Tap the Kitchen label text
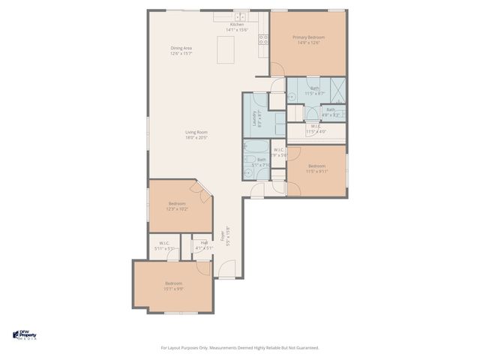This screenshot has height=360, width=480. tap(236, 27)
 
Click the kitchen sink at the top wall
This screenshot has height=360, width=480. tap(240, 16)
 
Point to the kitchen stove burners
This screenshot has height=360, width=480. tap(264, 40)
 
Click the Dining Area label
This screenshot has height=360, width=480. tap(181, 50)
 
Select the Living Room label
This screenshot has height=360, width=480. tap(196, 135)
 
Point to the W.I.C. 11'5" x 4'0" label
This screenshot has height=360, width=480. tap(316, 129)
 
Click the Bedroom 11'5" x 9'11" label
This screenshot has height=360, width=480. tap(316, 168)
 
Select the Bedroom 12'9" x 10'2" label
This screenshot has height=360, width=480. tap(177, 206)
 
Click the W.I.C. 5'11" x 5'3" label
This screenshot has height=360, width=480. tap(163, 245)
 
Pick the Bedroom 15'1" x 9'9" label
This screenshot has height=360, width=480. tap(174, 285)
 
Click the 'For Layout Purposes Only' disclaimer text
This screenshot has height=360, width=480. tap(240, 347)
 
